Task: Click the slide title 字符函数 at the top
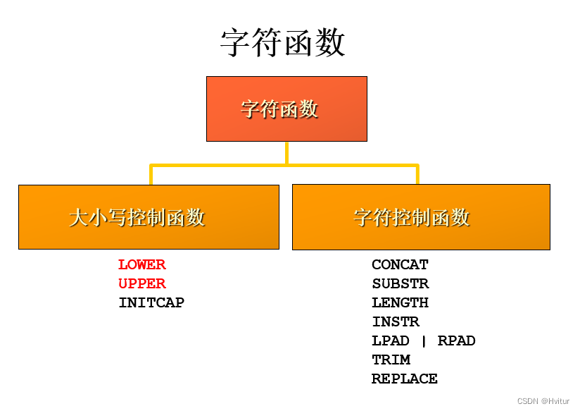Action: click(x=283, y=43)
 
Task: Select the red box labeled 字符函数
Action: click(x=286, y=109)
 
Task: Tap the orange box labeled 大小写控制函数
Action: click(x=149, y=216)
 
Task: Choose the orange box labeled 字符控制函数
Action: click(x=421, y=216)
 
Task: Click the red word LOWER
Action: click(x=142, y=265)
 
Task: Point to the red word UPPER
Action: click(x=142, y=284)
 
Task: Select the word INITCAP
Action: click(x=151, y=303)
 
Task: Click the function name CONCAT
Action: click(x=400, y=265)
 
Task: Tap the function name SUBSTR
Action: click(x=400, y=284)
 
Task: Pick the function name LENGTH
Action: click(x=400, y=303)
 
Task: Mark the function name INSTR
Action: click(x=396, y=322)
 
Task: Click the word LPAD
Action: click(x=391, y=341)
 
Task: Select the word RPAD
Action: click(x=457, y=341)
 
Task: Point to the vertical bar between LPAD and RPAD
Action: click(x=424, y=341)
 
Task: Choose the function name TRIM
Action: click(x=391, y=360)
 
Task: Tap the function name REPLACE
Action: click(x=405, y=379)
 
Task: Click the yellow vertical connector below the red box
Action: click(x=286, y=153)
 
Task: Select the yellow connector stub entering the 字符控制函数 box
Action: click(x=417, y=176)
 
